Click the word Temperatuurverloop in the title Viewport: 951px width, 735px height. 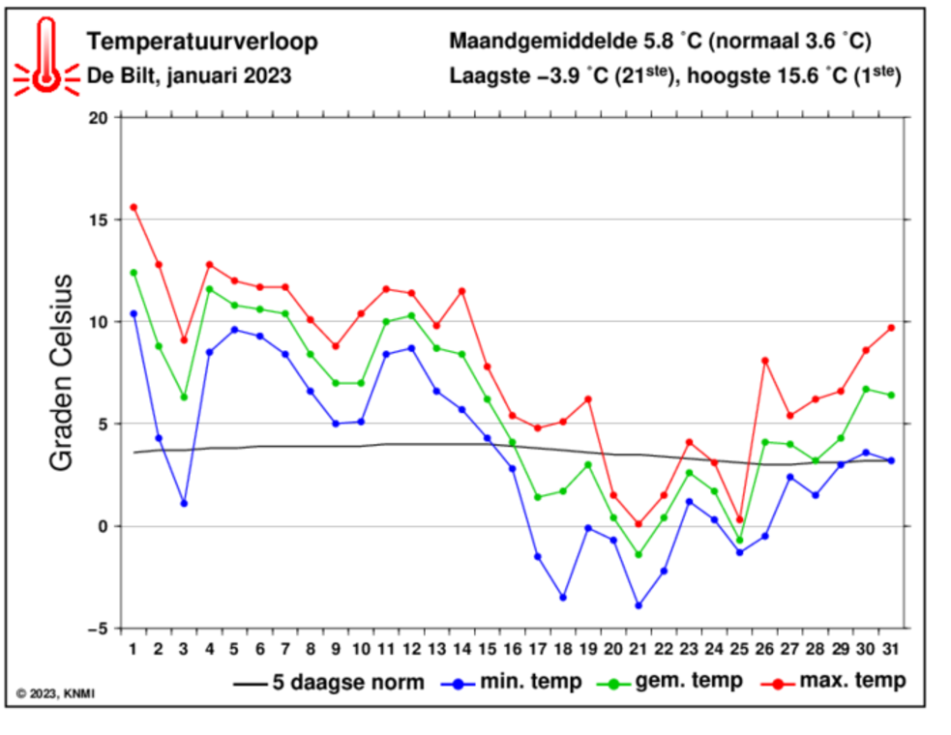(201, 42)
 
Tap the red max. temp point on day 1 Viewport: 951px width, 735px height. (134, 207)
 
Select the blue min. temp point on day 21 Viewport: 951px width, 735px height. (639, 605)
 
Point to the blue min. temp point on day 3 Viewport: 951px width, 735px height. (184, 503)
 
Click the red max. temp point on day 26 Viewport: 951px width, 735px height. (765, 361)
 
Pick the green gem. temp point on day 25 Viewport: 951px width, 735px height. (740, 541)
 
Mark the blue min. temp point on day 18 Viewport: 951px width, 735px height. (563, 598)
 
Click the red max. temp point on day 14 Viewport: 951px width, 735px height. (461, 291)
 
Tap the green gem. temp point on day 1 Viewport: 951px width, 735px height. (134, 273)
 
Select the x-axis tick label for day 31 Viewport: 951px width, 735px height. (892, 647)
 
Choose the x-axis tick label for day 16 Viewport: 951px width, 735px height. (513, 647)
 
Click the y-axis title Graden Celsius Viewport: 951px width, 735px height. (62, 372)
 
